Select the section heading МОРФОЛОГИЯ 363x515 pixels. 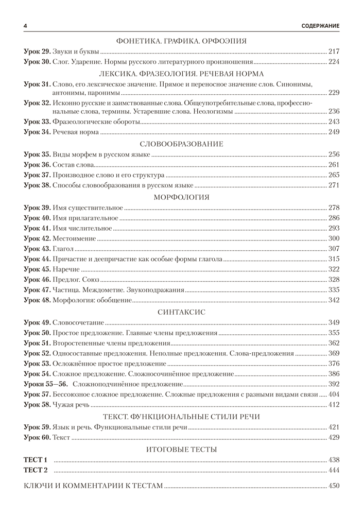pyautogui.click(x=181, y=197)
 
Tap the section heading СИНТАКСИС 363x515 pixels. pyautogui.click(x=181, y=312)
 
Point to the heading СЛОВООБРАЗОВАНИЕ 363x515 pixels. pyautogui.click(x=181, y=144)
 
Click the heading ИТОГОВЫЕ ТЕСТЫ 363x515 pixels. pyautogui.click(x=181, y=450)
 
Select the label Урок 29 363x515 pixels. pyautogui.click(x=37, y=51)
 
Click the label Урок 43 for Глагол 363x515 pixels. pyautogui.click(x=37, y=249)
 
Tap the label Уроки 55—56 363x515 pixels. pyautogui.click(x=46, y=384)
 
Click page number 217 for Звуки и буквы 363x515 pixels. pyautogui.click(x=334, y=51)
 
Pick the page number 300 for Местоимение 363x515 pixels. pyautogui.click(x=334, y=238)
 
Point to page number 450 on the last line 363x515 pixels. pyautogui.click(x=334, y=485)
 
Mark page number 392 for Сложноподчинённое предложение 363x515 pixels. pyautogui.click(x=334, y=384)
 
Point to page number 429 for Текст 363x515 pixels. pyautogui.click(x=334, y=437)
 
